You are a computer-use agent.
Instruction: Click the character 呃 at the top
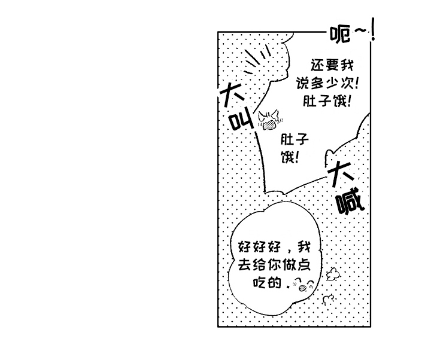click(340, 34)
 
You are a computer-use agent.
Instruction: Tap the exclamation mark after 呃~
click(373, 29)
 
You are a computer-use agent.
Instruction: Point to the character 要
click(332, 65)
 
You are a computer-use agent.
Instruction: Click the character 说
click(303, 83)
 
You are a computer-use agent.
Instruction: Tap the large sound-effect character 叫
click(242, 121)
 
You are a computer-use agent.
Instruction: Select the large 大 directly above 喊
click(340, 173)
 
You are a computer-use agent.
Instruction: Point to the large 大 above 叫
click(231, 94)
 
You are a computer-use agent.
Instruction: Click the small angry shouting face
click(270, 120)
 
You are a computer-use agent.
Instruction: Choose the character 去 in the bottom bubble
click(244, 265)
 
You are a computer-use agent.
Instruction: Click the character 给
click(259, 265)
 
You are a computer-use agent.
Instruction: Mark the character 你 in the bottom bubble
click(274, 265)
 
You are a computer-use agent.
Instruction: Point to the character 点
click(303, 265)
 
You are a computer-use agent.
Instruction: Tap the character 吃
click(259, 282)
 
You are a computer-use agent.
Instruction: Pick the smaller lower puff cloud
click(329, 300)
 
